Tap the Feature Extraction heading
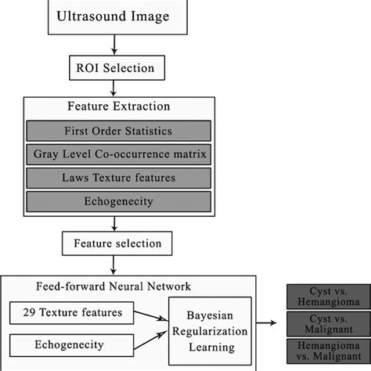click(117, 106)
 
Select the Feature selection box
click(115, 244)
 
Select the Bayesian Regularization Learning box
click(213, 326)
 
